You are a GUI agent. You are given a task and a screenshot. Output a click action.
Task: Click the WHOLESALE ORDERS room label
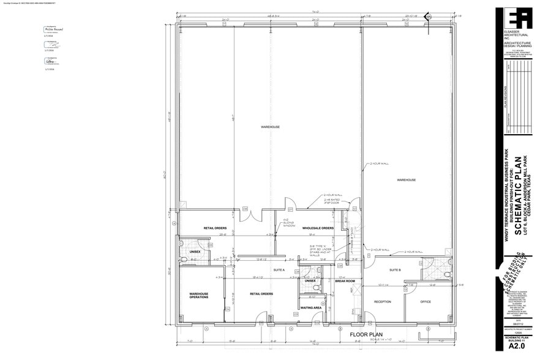pyautogui.click(x=318, y=228)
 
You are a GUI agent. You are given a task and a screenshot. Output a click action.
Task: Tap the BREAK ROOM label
pyautogui.click(x=345, y=280)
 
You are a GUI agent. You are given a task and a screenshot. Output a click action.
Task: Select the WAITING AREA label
pyautogui.click(x=311, y=307)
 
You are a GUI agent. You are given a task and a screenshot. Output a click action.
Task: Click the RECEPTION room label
pyautogui.click(x=383, y=301)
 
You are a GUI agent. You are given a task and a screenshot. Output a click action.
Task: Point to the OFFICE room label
pyautogui.click(x=426, y=301)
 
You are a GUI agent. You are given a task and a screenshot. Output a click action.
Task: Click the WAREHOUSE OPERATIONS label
pyautogui.click(x=198, y=296)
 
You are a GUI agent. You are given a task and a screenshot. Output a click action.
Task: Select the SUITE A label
pyautogui.click(x=279, y=269)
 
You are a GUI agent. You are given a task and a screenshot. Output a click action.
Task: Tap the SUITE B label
pyautogui.click(x=395, y=269)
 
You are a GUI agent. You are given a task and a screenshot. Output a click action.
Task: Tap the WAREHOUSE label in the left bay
pyautogui.click(x=270, y=127)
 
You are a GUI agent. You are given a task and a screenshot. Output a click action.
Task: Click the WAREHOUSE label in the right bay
pyautogui.click(x=406, y=180)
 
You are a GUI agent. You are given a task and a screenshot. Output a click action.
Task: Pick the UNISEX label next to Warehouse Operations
pyautogui.click(x=195, y=252)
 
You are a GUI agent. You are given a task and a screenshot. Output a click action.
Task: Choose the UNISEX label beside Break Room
pyautogui.click(x=310, y=280)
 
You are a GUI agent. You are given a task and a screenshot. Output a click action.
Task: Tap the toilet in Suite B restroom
pyautogui.click(x=448, y=275)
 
